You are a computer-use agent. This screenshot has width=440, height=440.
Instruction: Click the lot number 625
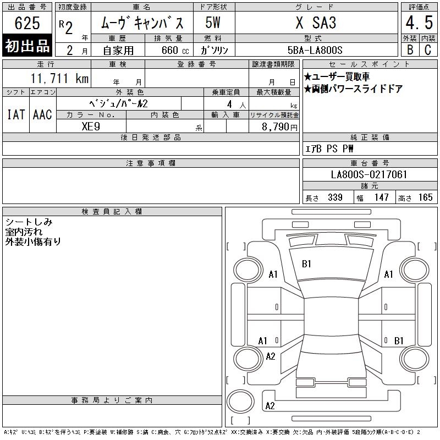click(27, 23)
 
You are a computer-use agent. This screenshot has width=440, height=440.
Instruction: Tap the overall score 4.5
click(419, 23)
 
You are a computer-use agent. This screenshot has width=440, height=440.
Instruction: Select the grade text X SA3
click(316, 23)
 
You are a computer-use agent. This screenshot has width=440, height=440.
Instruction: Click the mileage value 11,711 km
click(59, 78)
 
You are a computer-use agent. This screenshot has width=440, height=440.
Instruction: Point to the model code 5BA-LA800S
click(315, 50)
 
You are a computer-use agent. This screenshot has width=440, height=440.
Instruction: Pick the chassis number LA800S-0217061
click(369, 174)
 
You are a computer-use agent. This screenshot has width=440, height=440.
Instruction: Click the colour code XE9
click(91, 127)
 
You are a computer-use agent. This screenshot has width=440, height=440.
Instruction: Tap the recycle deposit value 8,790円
click(279, 127)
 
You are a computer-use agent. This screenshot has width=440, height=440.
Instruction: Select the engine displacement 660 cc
click(175, 51)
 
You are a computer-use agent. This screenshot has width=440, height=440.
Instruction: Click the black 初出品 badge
click(27, 46)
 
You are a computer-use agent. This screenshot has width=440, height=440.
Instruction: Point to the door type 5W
click(213, 23)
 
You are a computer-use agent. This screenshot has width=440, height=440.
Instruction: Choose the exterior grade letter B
click(410, 50)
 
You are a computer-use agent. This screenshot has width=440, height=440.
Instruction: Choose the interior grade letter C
click(428, 50)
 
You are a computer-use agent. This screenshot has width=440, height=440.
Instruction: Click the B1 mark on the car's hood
click(306, 264)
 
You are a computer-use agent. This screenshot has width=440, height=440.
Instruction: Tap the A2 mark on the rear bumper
click(270, 406)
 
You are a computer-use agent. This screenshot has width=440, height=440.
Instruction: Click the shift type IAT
click(16, 114)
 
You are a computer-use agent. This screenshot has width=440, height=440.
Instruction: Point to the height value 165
click(425, 197)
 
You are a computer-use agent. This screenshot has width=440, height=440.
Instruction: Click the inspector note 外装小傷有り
click(33, 241)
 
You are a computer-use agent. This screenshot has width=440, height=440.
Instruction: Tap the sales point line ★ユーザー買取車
click(337, 76)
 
